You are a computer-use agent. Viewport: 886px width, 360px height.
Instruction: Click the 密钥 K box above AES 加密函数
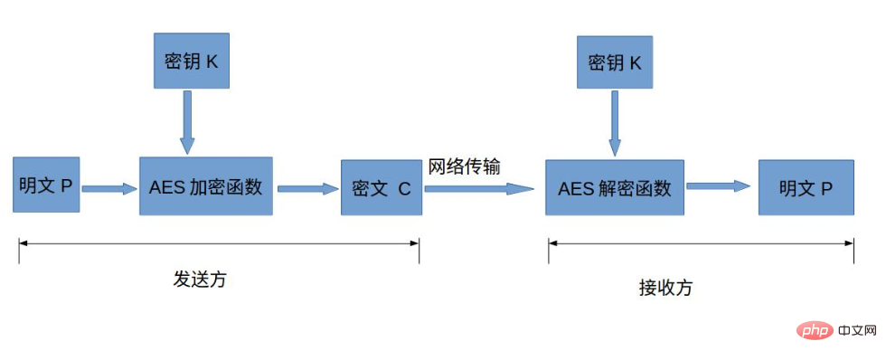tap(192, 62)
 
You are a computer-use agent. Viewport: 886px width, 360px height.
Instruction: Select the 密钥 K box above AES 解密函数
tap(615, 62)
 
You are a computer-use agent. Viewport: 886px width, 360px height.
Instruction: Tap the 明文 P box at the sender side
tap(47, 185)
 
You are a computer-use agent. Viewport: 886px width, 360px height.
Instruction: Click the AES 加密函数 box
tap(205, 185)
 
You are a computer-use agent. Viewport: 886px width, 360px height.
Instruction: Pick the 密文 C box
tap(381, 188)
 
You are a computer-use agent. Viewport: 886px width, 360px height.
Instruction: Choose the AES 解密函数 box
tap(615, 187)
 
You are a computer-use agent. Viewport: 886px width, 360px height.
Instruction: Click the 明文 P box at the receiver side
tap(806, 187)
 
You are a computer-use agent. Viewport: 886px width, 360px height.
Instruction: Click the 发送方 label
tap(200, 279)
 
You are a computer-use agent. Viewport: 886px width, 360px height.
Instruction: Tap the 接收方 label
tap(665, 288)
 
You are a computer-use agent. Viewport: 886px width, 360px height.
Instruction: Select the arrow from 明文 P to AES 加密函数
tap(108, 189)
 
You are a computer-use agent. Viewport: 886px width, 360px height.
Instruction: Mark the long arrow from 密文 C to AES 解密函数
tap(479, 189)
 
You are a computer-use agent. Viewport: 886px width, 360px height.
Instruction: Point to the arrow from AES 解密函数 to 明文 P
tap(719, 186)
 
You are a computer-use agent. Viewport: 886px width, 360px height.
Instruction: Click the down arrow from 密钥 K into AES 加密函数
tap(187, 121)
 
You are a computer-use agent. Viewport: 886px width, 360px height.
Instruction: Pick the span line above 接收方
tap(701, 242)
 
